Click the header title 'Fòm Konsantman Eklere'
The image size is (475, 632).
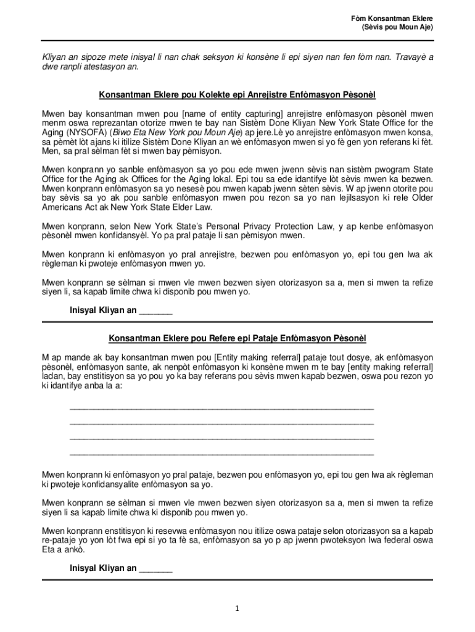391,19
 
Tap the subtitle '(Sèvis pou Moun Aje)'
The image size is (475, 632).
397,28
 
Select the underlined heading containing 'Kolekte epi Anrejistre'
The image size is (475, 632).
238,96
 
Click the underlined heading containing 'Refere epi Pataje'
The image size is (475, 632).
238,339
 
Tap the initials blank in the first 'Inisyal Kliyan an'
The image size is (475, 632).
155,310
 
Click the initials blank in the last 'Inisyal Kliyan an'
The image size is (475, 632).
155,569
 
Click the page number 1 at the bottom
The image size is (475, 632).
238,609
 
